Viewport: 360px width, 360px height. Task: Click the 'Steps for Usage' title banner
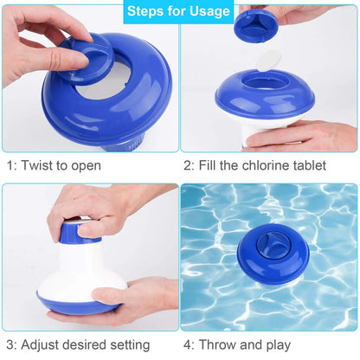point(180,12)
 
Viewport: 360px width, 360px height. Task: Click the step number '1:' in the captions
point(12,165)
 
